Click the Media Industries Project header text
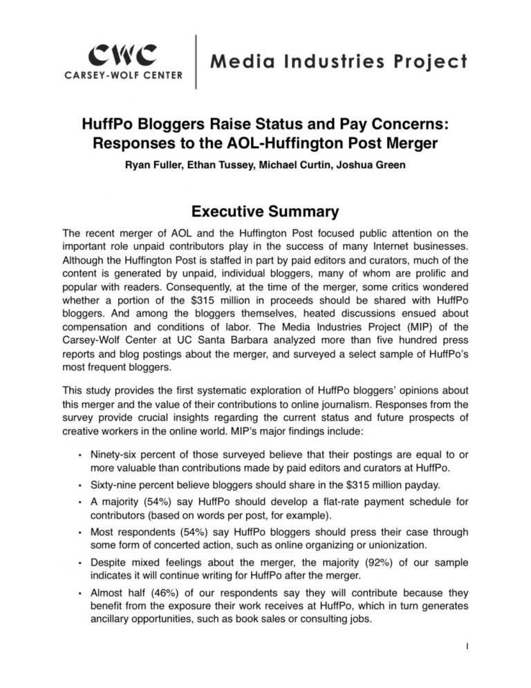[339, 62]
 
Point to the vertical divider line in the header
[196, 62]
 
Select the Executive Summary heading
[265, 211]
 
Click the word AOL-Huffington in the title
[272, 143]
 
